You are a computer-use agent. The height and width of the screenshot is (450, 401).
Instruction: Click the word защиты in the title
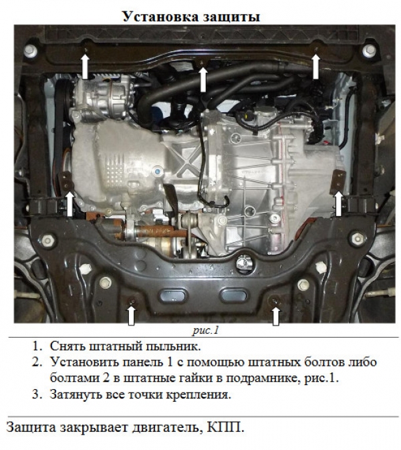coord(232,17)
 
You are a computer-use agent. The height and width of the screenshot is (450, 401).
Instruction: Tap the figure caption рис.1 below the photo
coord(206,330)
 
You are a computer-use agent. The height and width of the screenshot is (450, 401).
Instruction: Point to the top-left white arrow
coord(85,67)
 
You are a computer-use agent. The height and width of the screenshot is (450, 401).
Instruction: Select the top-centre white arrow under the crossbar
coord(203,80)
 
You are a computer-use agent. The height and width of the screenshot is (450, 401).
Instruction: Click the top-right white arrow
coord(316,67)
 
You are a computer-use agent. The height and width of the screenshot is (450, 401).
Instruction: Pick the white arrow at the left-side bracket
coord(70,204)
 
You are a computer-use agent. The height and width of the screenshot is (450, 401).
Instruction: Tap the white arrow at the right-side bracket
coord(338,204)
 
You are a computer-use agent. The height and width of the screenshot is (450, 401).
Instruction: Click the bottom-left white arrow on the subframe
coord(131,316)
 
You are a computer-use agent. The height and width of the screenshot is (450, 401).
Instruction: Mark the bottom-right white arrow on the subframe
coord(276,316)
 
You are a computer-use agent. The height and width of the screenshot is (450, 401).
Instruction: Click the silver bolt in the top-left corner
coord(31,51)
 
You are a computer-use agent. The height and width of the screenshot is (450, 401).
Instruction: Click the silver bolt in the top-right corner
coord(369,51)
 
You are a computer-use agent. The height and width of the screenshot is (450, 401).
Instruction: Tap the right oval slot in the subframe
coord(233,294)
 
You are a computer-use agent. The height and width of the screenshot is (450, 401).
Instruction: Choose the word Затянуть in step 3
coord(75,395)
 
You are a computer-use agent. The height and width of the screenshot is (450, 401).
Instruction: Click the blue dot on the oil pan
coord(157,172)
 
